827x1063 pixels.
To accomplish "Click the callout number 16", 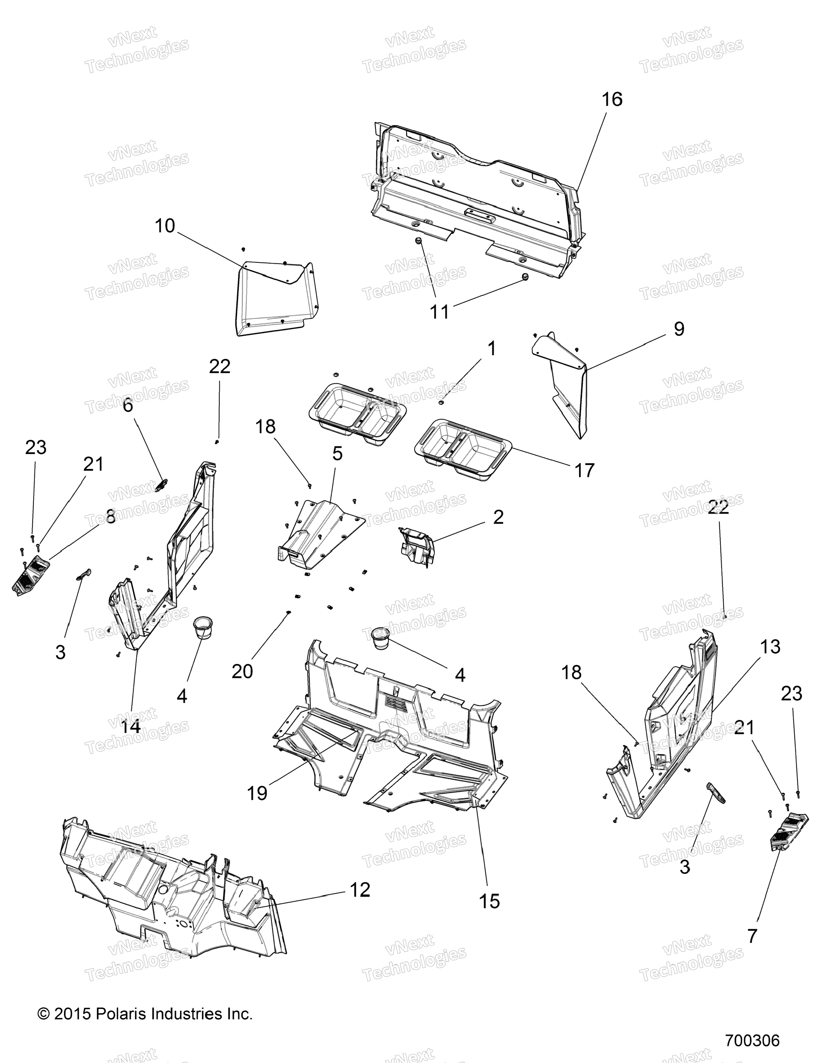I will [612, 99].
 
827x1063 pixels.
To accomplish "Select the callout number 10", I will [165, 226].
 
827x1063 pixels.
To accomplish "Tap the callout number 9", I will [679, 329].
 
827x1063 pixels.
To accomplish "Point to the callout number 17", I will [585, 470].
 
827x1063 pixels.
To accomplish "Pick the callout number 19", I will [257, 793].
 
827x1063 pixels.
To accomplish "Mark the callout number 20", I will [242, 672].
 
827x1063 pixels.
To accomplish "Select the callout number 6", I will [127, 405].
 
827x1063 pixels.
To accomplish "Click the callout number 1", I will [492, 348].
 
